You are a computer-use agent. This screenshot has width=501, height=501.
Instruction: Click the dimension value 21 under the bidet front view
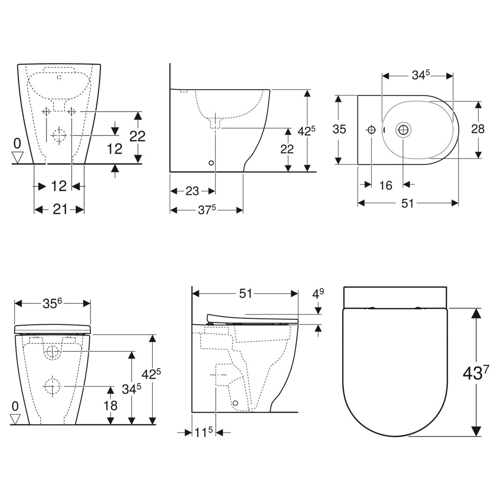coord(60,209)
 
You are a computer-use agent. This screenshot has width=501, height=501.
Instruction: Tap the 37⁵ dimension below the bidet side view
coord(206,210)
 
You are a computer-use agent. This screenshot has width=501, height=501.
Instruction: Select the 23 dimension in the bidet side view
coord(192,191)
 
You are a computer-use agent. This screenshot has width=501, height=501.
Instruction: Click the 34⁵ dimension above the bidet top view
coord(420,75)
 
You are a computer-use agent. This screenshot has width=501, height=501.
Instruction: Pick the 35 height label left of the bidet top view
coord(339,129)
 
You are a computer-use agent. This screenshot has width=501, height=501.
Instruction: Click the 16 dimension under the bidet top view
coord(386,185)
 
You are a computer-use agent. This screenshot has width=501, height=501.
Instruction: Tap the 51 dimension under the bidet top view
coord(408,203)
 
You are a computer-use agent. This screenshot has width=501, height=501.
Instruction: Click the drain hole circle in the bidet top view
coord(404,130)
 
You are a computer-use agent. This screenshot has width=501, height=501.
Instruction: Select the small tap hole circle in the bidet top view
coord(371,130)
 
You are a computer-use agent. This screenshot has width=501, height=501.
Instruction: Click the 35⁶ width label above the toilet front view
coord(52,303)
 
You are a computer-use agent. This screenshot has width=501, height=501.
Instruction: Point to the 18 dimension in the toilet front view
coord(111,405)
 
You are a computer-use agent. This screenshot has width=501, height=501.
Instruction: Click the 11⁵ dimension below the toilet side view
coord(203,433)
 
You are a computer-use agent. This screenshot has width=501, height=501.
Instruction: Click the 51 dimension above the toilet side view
coord(245,294)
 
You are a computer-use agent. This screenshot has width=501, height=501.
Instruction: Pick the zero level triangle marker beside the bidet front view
coord(18,158)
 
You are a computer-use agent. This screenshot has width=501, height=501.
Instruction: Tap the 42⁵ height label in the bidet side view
coord(307,131)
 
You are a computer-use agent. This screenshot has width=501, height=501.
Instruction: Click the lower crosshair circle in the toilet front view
coord(51,386)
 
